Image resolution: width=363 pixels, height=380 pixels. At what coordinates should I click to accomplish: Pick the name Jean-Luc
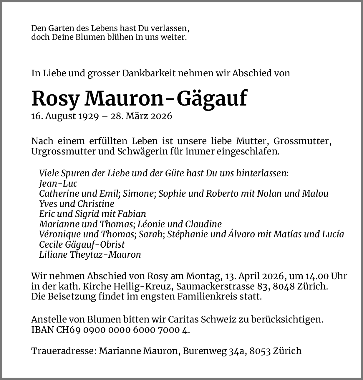[x=58, y=183]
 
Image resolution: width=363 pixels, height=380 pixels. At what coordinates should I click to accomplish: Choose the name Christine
[x=96, y=204]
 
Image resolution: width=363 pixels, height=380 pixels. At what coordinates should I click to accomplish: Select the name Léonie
[x=151, y=224]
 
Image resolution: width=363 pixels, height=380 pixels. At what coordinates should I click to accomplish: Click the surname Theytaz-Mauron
[x=105, y=254]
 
